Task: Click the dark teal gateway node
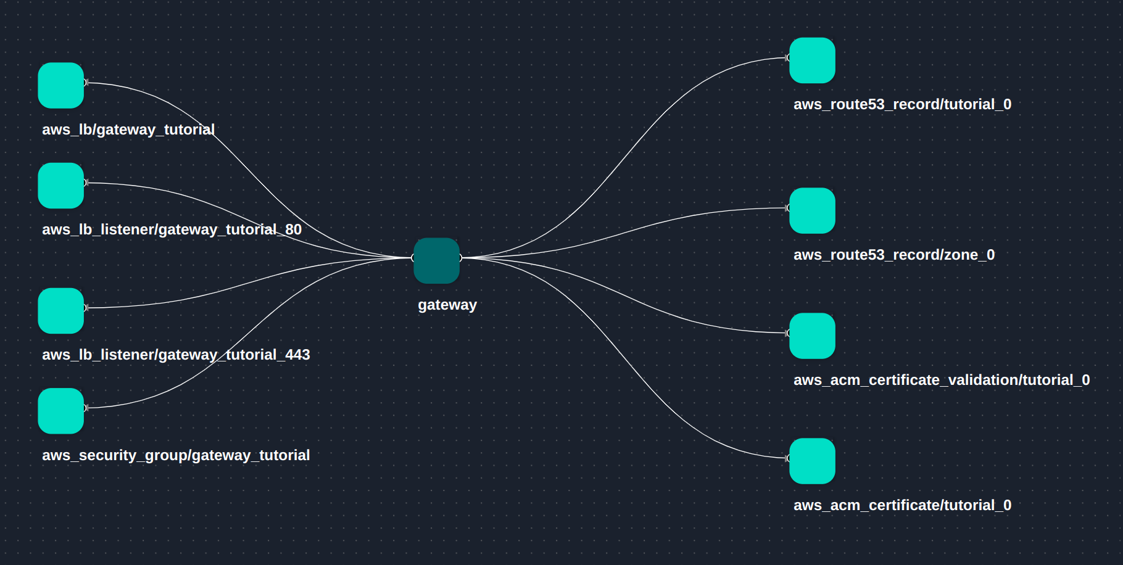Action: coord(436,260)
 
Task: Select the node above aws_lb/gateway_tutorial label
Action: coord(60,85)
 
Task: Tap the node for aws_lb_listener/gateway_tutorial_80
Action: coord(60,186)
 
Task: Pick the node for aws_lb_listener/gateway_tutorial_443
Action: coord(60,311)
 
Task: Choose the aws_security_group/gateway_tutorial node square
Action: coord(60,411)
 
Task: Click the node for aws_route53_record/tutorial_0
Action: coord(812,60)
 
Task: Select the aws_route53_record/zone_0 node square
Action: coord(812,211)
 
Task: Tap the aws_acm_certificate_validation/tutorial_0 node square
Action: coord(812,336)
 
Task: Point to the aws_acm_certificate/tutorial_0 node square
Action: coord(812,461)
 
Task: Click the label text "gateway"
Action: coord(447,305)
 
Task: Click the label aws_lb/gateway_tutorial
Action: coord(128,130)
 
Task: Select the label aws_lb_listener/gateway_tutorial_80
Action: coord(172,229)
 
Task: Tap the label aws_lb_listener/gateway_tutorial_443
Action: coord(176,355)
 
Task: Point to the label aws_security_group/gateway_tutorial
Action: coord(176,455)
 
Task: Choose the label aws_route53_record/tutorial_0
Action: coord(902,104)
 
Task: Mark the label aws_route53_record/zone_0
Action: coord(894,255)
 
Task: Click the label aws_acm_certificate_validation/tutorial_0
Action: coord(942,380)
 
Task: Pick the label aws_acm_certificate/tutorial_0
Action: coord(902,505)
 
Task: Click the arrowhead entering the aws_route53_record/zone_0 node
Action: coord(787,208)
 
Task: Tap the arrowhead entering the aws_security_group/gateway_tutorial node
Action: coord(86,408)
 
